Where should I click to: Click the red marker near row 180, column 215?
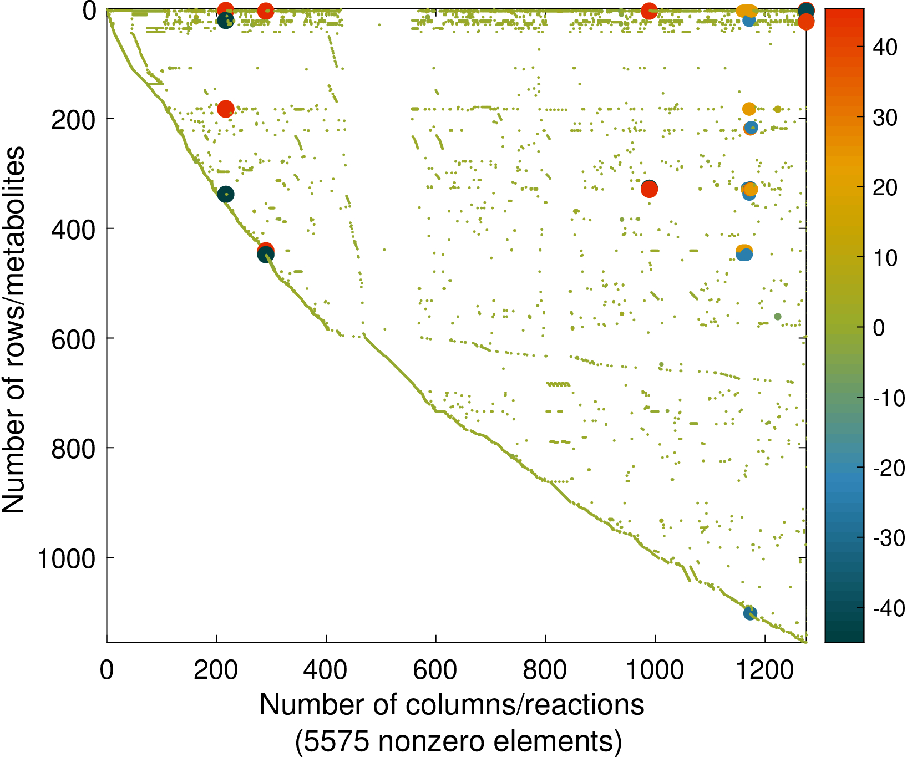[225, 109]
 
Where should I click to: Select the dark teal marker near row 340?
[225, 194]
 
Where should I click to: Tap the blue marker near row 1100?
[750, 613]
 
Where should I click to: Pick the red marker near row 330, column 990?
[649, 189]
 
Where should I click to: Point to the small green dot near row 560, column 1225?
[778, 317]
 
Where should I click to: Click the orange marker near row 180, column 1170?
[749, 109]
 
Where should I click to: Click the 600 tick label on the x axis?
[435, 670]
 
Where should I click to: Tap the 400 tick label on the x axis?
[326, 670]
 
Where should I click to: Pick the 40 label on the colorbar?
[885, 48]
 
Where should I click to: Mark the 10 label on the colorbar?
[885, 258]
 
